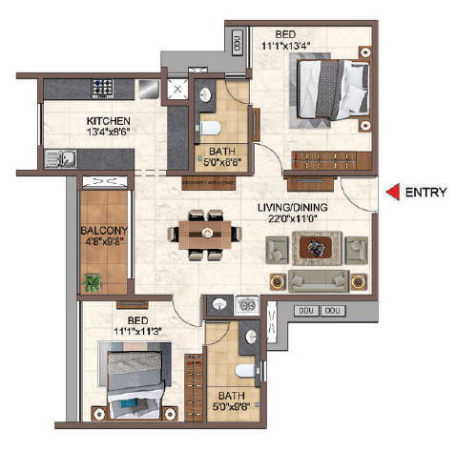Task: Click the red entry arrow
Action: (391, 193)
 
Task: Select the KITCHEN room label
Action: (109, 121)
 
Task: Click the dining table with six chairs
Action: (204, 233)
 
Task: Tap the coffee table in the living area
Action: (315, 248)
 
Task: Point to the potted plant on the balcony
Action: (93, 282)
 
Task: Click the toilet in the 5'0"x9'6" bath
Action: (243, 370)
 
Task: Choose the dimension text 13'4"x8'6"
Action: (109, 133)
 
